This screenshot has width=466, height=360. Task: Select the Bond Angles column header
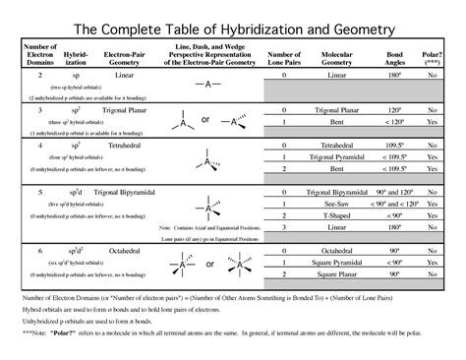[393, 58]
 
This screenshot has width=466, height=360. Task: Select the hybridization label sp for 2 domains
[72, 75]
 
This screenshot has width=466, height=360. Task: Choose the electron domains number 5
[40, 188]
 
